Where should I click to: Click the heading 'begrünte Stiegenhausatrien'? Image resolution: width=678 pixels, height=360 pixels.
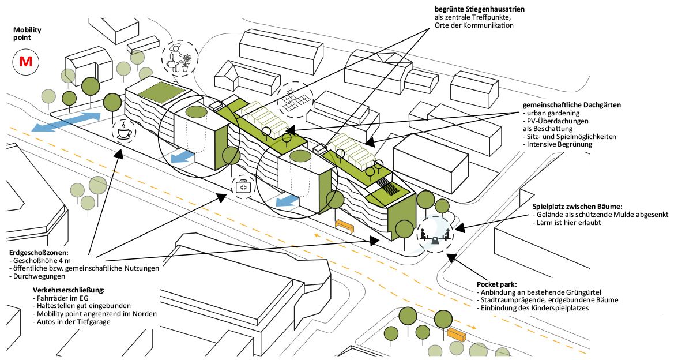click(x=479, y=9)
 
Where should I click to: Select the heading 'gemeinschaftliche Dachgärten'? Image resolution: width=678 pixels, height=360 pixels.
click(x=571, y=105)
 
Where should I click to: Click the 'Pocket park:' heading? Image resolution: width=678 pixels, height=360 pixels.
click(x=496, y=284)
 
